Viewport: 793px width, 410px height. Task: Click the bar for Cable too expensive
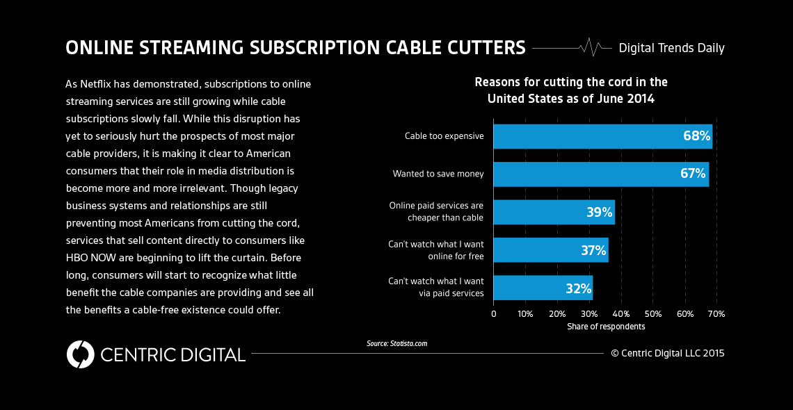coord(602,136)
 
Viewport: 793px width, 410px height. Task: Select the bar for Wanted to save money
coord(601,174)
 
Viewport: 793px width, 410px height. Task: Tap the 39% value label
coord(599,212)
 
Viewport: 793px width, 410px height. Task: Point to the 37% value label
coord(593,250)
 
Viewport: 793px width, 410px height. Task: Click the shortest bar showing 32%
coord(543,288)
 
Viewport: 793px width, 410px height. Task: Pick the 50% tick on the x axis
coord(652,314)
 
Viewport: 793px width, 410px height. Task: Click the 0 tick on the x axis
coord(494,314)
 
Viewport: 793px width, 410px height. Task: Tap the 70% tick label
coord(716,314)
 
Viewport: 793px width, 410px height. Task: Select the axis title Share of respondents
coord(605,327)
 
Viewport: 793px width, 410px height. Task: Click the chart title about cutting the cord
coord(570,90)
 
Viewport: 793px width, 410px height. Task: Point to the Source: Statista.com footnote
coord(397,343)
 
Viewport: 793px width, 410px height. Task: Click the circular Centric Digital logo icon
coord(80,354)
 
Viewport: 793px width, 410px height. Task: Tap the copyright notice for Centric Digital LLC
coord(667,353)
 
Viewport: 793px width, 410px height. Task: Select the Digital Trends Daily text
coord(671,48)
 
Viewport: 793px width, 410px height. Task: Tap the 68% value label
coord(696,136)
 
